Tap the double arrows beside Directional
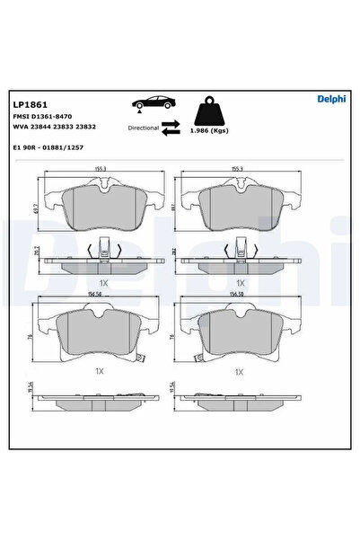[x=171, y=128]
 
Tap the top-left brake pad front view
[x=108, y=207]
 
